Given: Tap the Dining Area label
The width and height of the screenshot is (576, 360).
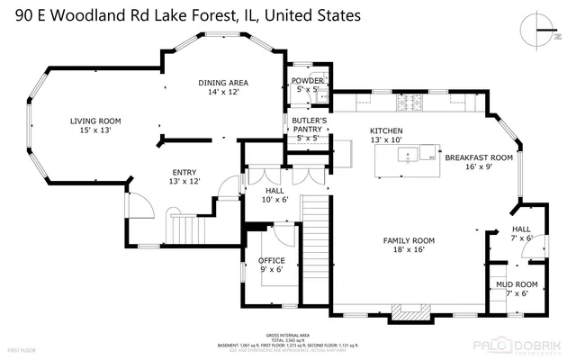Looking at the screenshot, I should pos(223,87).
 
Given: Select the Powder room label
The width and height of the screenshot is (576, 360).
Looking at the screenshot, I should pos(307,85).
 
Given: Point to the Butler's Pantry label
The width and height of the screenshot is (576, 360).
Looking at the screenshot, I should pos(307,129).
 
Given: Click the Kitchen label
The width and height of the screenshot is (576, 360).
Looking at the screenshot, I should pos(386,135).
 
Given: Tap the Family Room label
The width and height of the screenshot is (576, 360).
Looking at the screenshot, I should pos(409,245).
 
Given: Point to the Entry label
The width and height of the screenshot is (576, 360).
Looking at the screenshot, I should pos(184,176).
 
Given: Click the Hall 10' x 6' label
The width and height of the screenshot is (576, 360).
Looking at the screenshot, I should pos(274,195).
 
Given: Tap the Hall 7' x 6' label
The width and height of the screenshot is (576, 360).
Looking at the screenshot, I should pos(522,234).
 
